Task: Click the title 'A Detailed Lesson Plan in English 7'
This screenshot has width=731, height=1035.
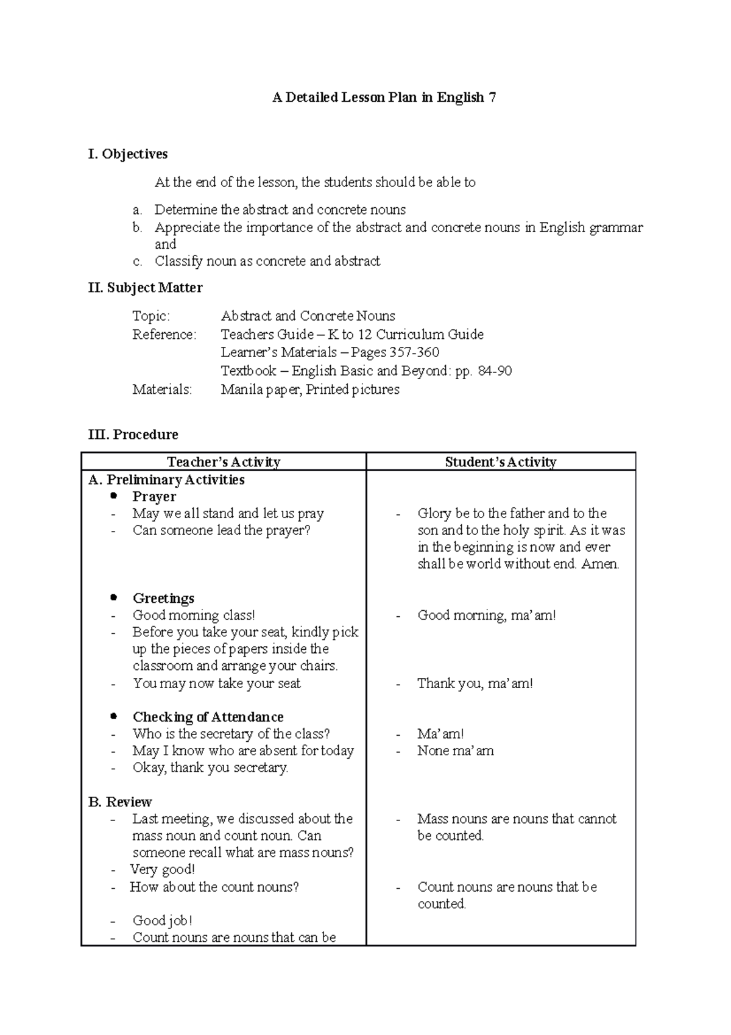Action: click(384, 98)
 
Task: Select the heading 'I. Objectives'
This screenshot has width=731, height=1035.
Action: click(128, 154)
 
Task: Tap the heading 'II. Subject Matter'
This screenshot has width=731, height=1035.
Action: click(146, 288)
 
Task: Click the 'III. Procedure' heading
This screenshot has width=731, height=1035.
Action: click(133, 435)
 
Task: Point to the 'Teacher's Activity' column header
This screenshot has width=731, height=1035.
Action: click(224, 462)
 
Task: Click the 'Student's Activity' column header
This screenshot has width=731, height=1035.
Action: click(501, 462)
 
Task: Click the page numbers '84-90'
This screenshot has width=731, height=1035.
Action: click(495, 371)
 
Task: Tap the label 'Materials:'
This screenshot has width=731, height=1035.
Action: click(162, 389)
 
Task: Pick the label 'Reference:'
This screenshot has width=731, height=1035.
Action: click(164, 335)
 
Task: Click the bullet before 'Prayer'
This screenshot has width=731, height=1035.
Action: click(113, 496)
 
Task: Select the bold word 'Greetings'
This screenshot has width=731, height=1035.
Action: click(163, 599)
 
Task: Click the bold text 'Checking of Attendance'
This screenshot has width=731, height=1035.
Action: click(208, 717)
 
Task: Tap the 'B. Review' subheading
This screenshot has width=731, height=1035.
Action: click(120, 802)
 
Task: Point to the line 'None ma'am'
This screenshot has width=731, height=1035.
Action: click(455, 751)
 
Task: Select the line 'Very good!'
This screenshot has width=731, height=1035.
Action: click(162, 870)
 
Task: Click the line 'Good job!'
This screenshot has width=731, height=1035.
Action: click(162, 921)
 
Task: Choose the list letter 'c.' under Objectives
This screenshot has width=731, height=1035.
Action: click(137, 261)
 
